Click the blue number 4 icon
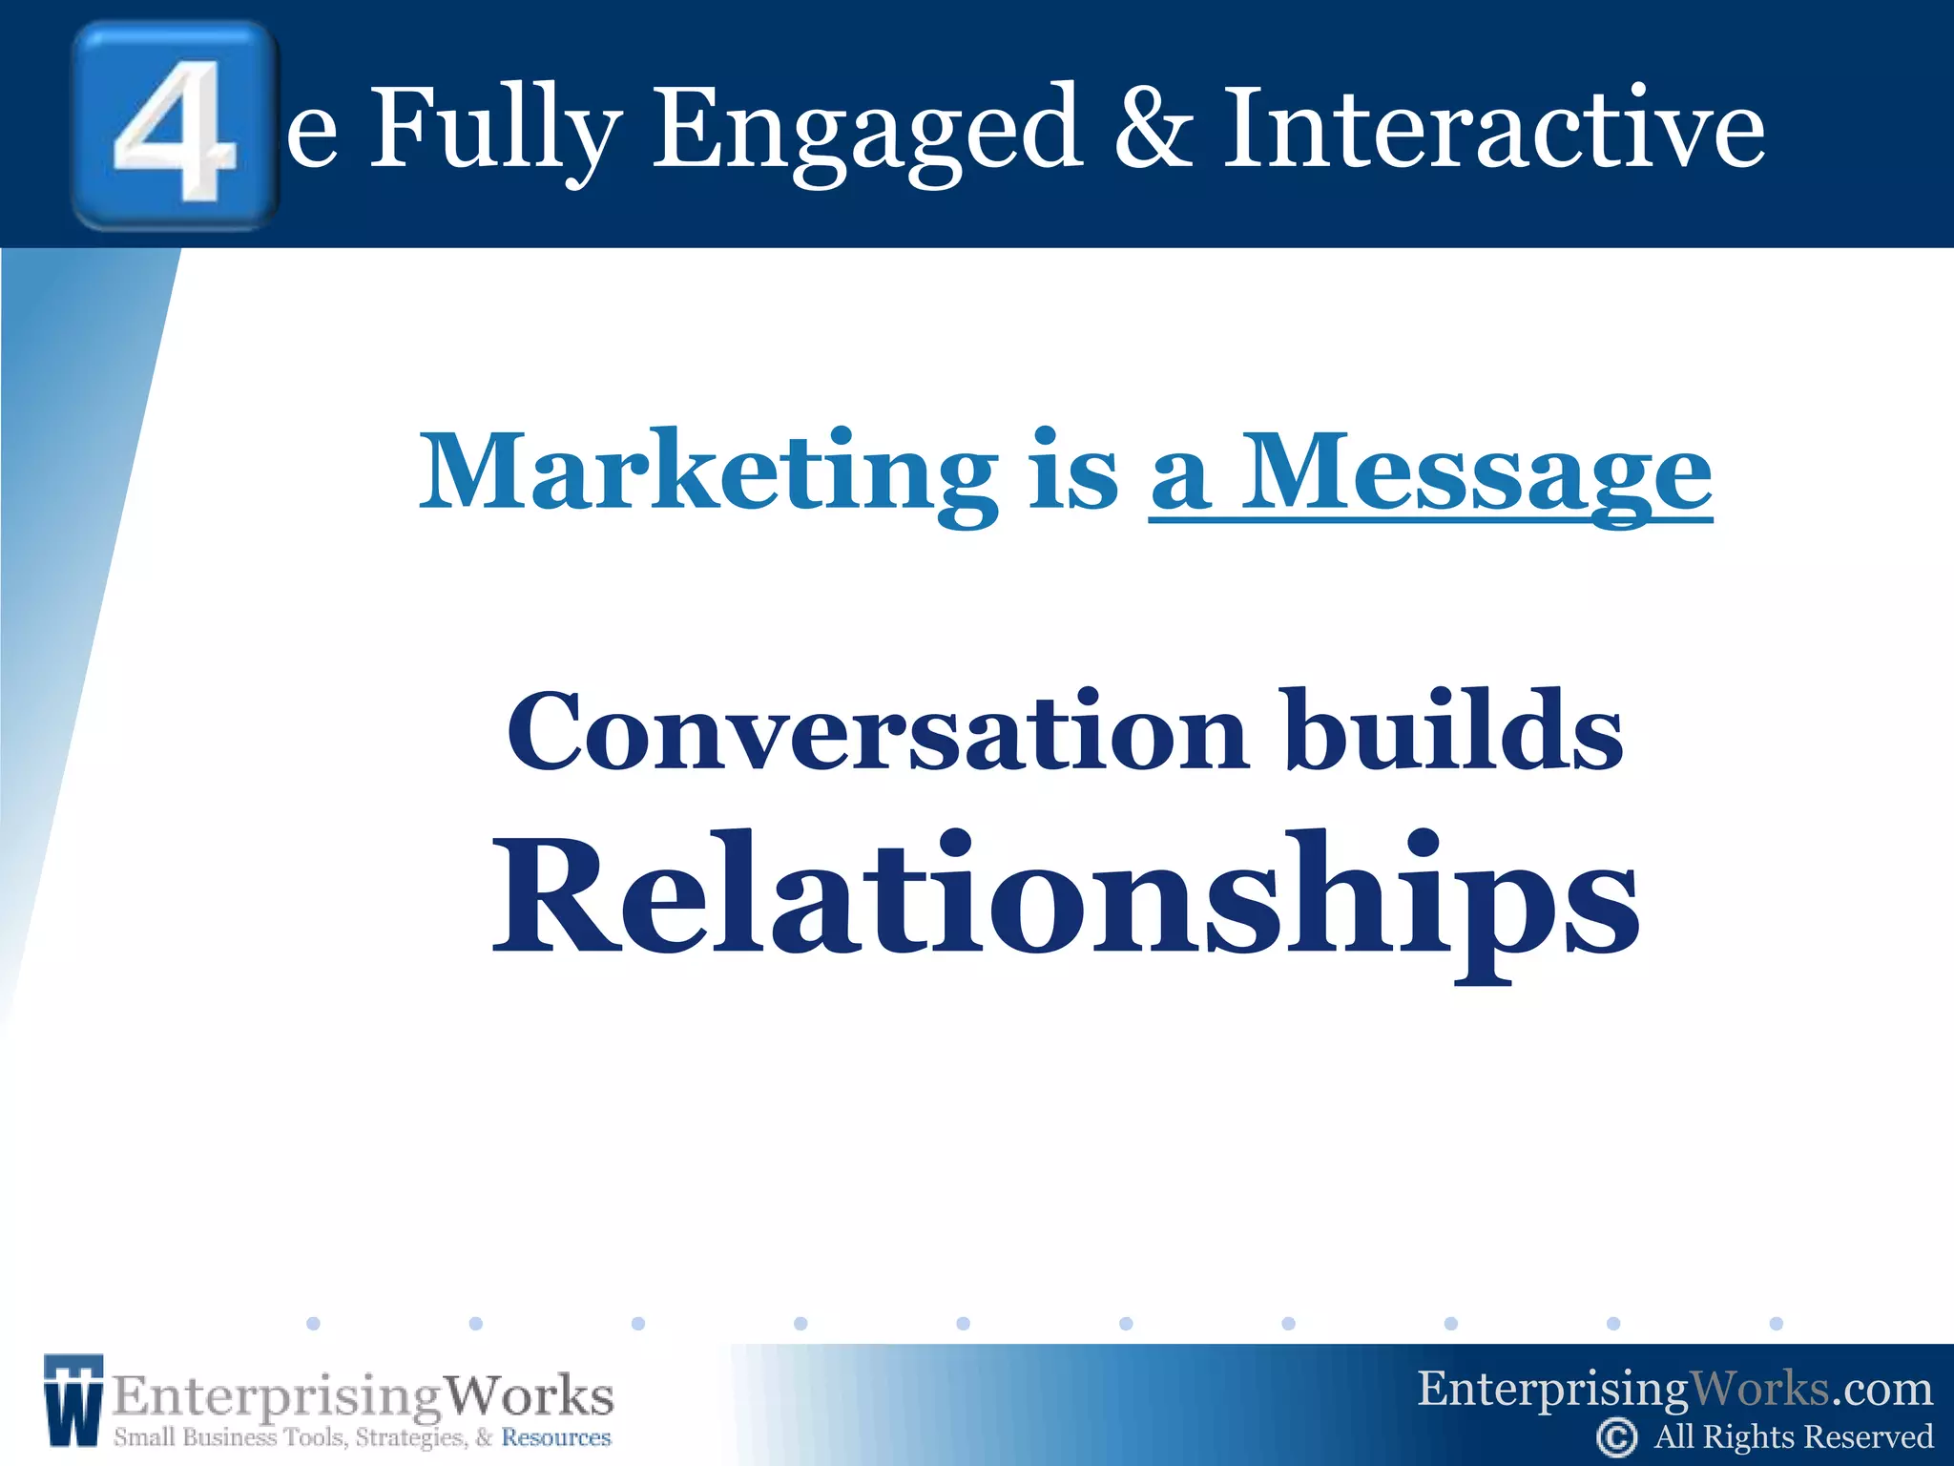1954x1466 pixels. pos(175,126)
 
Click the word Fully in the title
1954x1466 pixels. pos(495,129)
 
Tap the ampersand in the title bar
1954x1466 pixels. pos(1154,129)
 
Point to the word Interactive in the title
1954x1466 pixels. pos(1494,129)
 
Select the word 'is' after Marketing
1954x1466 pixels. pos(1073,472)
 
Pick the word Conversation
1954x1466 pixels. pos(877,733)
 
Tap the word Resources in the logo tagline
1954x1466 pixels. pos(556,1437)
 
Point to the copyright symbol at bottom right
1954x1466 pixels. pos(1616,1437)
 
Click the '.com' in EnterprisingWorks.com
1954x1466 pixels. pos(1881,1390)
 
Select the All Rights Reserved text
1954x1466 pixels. pos(1794,1437)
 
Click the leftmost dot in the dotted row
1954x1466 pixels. pos(313,1323)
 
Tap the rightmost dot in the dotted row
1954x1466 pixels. pos(1776,1323)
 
